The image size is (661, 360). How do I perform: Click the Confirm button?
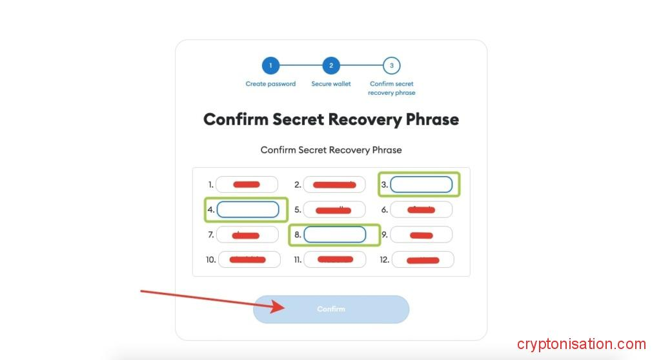click(x=331, y=309)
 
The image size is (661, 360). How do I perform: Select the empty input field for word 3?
click(x=421, y=185)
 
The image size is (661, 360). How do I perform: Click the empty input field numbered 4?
click(x=248, y=209)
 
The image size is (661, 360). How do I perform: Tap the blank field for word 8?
click(x=335, y=234)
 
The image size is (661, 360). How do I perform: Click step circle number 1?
click(x=270, y=65)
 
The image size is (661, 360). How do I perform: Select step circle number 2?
click(x=331, y=65)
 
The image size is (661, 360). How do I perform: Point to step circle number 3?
click(x=391, y=65)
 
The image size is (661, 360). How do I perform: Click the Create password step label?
click(x=270, y=84)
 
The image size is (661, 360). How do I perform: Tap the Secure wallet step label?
click(x=331, y=84)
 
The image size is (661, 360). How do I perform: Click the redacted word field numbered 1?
click(x=247, y=185)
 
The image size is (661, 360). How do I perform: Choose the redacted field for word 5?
click(x=334, y=210)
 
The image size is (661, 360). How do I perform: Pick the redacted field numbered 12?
click(x=422, y=260)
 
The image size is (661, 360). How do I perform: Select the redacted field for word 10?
click(x=249, y=260)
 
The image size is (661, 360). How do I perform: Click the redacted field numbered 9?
click(x=421, y=235)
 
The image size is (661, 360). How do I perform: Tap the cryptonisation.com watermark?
click(x=581, y=344)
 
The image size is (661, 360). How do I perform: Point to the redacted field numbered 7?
click(x=247, y=235)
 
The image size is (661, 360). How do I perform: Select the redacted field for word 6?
click(x=421, y=210)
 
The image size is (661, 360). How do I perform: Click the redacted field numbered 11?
click(x=334, y=260)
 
